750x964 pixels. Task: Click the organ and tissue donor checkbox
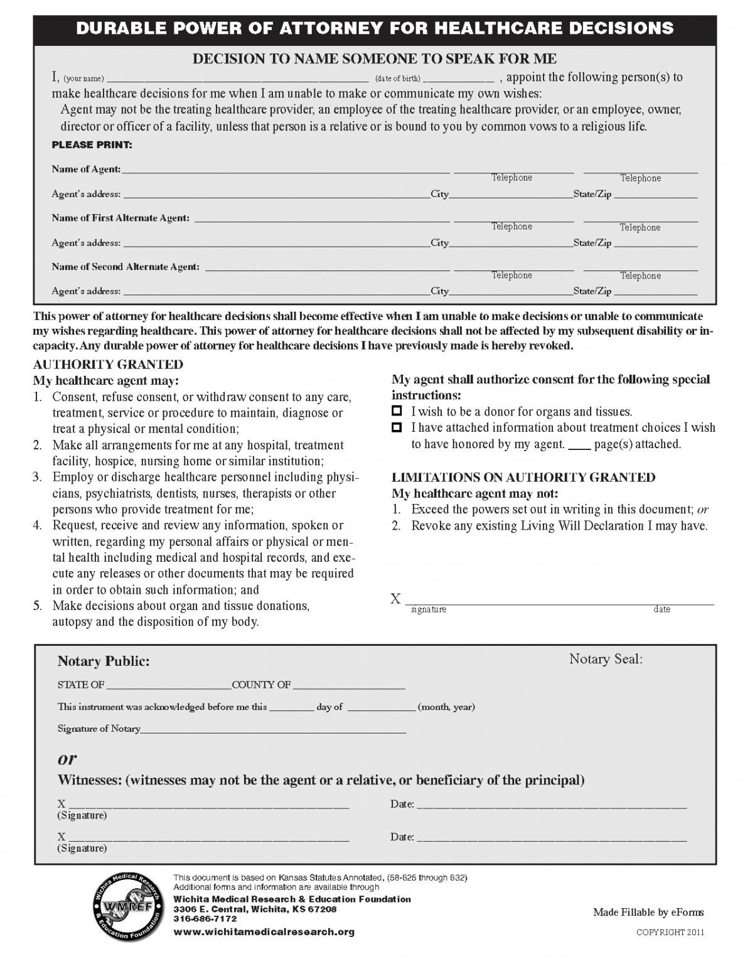click(x=396, y=412)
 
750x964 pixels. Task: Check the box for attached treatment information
click(x=396, y=428)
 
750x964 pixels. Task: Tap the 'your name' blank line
click(x=238, y=78)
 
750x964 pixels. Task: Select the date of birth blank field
click(x=459, y=78)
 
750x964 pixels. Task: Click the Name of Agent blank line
click(x=286, y=169)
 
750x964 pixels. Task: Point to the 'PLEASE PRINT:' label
click(x=92, y=145)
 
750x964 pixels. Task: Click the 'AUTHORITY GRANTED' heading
click(x=108, y=365)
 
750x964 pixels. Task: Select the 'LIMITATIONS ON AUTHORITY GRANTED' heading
click(x=523, y=478)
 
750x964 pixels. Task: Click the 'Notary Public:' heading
click(x=104, y=661)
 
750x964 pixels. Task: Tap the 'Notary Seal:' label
click(x=606, y=658)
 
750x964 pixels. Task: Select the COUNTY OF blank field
click(x=348, y=685)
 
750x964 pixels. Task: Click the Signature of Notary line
click(x=274, y=729)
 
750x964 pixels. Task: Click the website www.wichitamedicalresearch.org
click(x=264, y=932)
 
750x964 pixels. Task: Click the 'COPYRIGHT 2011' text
click(x=670, y=933)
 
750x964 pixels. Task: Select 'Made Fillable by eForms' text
click(x=648, y=913)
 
